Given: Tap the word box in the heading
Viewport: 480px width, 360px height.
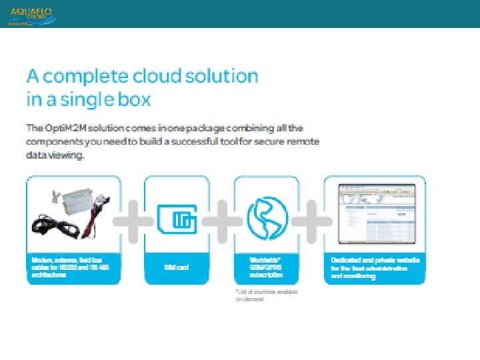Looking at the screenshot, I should (136, 100).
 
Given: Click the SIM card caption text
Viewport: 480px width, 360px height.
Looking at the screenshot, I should (177, 267).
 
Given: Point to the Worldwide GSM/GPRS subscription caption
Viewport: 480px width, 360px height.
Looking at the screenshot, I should (266, 267).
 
